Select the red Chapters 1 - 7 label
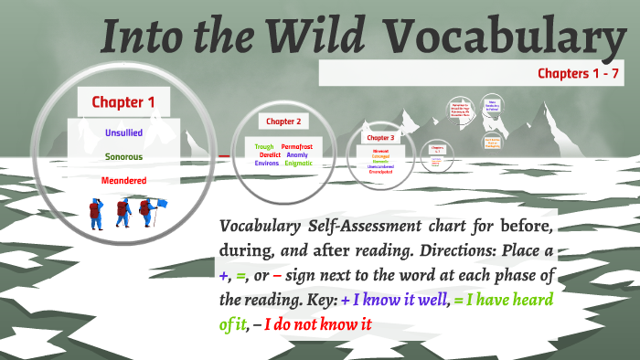(x=580, y=73)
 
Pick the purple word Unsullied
(x=123, y=133)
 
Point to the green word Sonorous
(x=123, y=157)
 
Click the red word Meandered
(x=123, y=181)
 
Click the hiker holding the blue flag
(x=144, y=214)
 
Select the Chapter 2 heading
(x=283, y=121)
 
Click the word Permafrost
(x=297, y=146)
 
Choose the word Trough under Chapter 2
(x=264, y=146)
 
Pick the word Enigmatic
(x=298, y=164)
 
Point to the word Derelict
(x=268, y=154)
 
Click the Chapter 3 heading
(x=379, y=137)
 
